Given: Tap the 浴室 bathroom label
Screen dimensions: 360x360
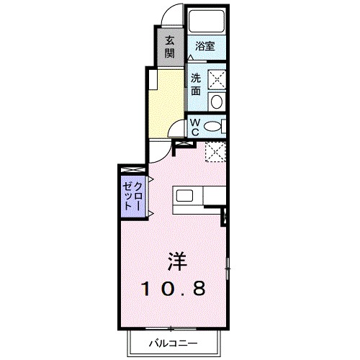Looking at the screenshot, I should tap(205, 47).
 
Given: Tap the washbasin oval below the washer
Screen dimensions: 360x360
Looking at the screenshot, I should tap(217, 102).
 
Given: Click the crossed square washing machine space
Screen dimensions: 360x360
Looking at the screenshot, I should tap(217, 79).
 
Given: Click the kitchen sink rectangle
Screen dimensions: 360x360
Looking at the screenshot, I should tap(184, 195).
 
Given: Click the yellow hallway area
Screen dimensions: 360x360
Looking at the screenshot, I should tap(165, 101).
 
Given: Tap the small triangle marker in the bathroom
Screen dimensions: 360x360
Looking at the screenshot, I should tap(191, 55).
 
